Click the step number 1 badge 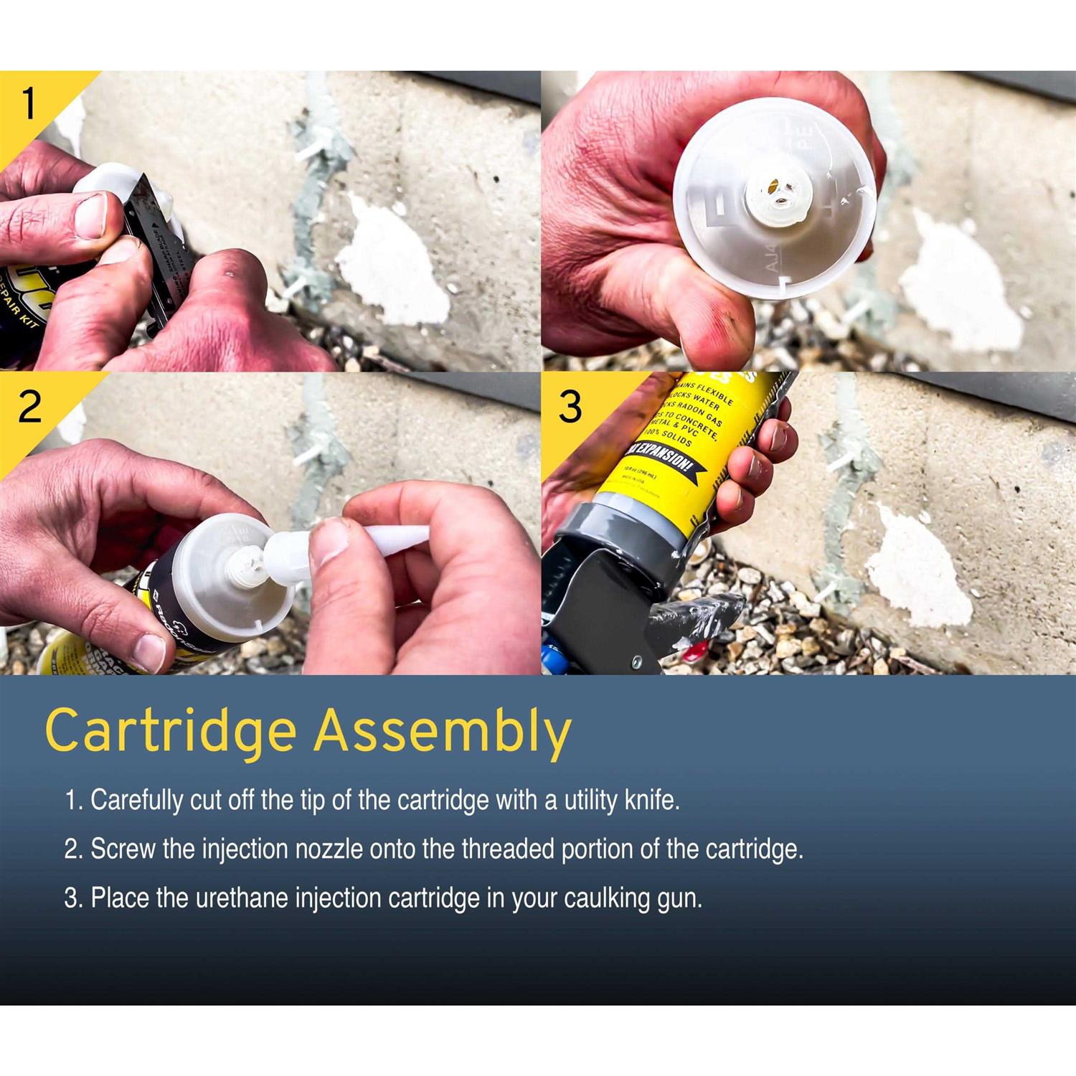pos(29,105)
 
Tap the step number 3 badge pos(570,407)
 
